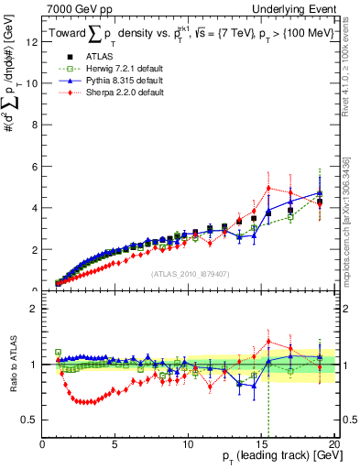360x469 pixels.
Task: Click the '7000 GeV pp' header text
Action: tap(73, 8)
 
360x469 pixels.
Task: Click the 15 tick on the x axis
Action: tap(261, 444)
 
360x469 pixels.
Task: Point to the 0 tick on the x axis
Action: tap(43, 444)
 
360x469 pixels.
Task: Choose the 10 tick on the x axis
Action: tap(188, 444)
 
